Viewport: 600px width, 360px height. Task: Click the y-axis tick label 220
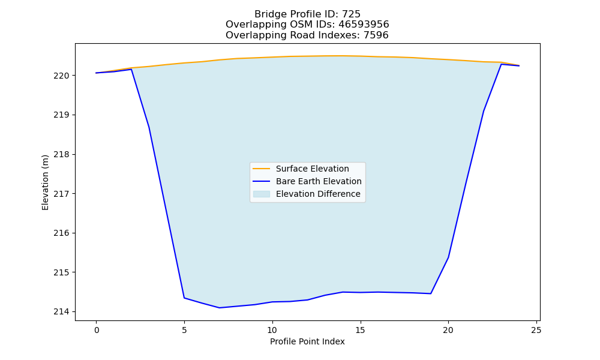point(61,76)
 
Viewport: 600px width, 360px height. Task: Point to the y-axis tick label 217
point(61,194)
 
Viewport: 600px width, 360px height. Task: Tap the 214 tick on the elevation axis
point(61,312)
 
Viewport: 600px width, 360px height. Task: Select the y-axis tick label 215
point(61,272)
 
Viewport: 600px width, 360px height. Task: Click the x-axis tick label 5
point(184,330)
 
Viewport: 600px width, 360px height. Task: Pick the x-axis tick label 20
point(448,330)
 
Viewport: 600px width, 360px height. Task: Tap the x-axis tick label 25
point(536,330)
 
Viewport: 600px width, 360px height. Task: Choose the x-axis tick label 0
point(97,330)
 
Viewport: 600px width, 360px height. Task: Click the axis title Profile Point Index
point(307,341)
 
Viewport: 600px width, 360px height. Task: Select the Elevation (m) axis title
point(45,182)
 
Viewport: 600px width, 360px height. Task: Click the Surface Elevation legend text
point(312,169)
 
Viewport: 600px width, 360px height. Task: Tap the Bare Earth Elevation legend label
point(319,181)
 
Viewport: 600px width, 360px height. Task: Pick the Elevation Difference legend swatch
point(262,194)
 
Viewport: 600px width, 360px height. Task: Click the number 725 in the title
point(351,14)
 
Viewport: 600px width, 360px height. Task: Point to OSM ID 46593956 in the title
point(364,25)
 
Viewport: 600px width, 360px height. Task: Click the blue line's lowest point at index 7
point(220,308)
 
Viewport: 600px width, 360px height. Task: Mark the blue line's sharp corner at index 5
point(184,298)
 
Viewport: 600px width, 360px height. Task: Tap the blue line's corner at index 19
point(431,293)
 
